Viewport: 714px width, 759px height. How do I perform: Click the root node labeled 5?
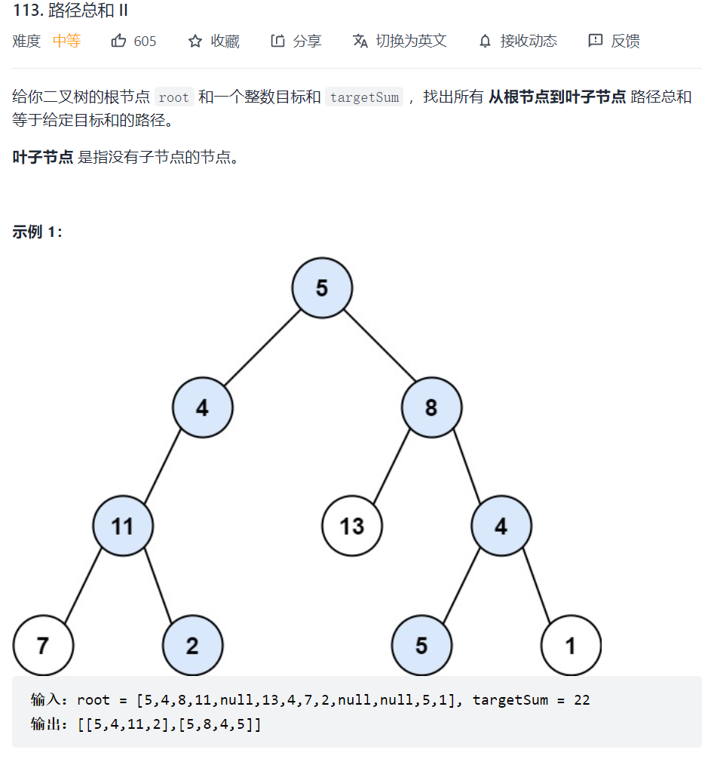(x=322, y=288)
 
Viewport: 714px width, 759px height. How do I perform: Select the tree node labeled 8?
(x=431, y=408)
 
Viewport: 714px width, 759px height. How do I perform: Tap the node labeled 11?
(x=123, y=526)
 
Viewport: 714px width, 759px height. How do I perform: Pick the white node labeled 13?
(x=352, y=526)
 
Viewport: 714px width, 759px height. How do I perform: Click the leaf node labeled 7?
(x=43, y=646)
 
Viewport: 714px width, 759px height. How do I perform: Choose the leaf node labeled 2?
(x=192, y=646)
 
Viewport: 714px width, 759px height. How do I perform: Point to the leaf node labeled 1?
(x=571, y=646)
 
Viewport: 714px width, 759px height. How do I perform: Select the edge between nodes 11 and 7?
(x=83, y=586)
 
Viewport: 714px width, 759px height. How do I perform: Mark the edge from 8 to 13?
(x=391, y=468)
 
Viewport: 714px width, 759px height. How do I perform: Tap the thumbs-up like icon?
(x=118, y=41)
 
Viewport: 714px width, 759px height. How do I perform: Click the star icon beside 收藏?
(x=195, y=41)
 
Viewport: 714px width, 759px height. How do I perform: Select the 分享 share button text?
(x=307, y=41)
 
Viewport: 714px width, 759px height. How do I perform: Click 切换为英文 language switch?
(x=411, y=41)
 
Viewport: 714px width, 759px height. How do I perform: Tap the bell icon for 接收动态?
(x=485, y=41)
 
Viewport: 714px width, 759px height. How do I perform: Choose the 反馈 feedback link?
(x=625, y=41)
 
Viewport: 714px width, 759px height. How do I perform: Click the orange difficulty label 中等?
(x=66, y=41)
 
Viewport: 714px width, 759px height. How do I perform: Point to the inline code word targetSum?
(x=364, y=97)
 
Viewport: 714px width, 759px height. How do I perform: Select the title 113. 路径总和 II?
(x=70, y=11)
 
